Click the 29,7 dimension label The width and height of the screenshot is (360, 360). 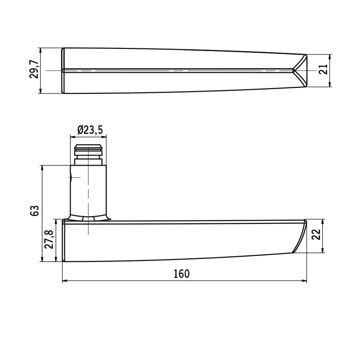coord(34,69)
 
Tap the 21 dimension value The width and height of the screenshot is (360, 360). coord(323,69)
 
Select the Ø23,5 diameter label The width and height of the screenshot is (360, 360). coord(90,130)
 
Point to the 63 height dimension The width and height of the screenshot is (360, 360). coord(35,211)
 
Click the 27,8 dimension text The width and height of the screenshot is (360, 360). coord(49,239)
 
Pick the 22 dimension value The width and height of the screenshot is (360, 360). coord(316,234)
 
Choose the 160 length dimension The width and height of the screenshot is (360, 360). coord(181,274)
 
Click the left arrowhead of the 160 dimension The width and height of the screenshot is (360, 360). coord(65,281)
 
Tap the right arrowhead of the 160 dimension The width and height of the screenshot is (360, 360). coord(304,281)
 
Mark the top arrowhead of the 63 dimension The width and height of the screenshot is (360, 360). coord(42,168)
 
